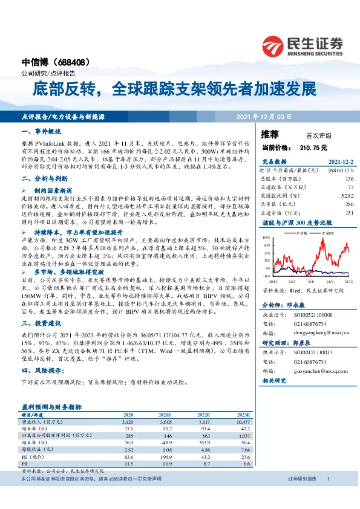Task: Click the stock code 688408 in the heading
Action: [73, 62]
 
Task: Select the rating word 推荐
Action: [270, 134]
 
